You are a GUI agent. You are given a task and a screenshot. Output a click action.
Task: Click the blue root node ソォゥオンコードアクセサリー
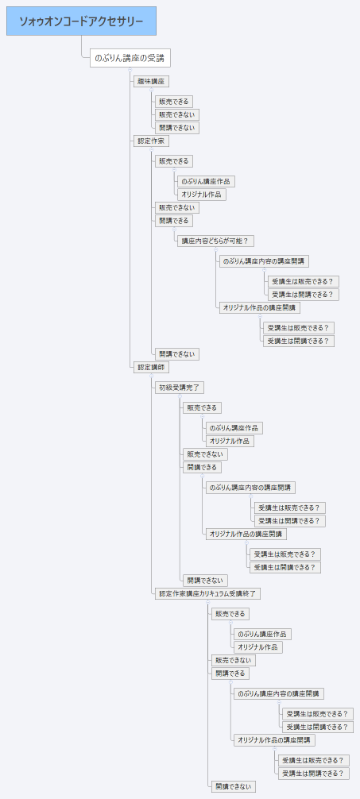(x=81, y=21)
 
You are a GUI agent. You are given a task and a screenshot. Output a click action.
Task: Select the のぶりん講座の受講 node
(x=130, y=58)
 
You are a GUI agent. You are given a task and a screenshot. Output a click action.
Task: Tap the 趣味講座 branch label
(x=151, y=81)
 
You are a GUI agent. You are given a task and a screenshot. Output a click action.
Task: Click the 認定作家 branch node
(x=151, y=141)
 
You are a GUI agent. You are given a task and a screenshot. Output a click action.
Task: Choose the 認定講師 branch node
(x=151, y=367)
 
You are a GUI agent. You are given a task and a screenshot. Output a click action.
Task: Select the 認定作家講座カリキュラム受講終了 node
(x=207, y=593)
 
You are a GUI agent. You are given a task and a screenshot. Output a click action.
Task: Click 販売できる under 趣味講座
(x=174, y=101)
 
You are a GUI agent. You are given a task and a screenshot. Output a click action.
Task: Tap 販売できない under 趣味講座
(x=176, y=114)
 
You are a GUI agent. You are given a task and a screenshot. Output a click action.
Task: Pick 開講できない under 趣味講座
(x=176, y=128)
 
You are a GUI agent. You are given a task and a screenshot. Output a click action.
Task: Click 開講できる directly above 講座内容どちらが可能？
(x=174, y=220)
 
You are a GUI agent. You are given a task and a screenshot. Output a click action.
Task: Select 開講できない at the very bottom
(x=233, y=786)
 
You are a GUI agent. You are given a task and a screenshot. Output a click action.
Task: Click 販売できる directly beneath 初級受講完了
(x=202, y=407)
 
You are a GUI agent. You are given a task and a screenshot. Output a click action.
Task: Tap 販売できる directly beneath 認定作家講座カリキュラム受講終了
(x=230, y=613)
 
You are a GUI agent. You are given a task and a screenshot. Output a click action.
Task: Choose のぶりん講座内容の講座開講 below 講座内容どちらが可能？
(x=265, y=261)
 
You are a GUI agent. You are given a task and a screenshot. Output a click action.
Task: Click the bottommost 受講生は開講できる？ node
(x=315, y=773)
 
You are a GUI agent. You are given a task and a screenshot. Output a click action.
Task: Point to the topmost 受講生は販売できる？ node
(x=305, y=281)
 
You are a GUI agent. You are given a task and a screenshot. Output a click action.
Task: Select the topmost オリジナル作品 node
(x=202, y=194)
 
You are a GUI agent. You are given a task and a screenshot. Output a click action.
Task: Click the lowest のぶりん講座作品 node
(x=261, y=634)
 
